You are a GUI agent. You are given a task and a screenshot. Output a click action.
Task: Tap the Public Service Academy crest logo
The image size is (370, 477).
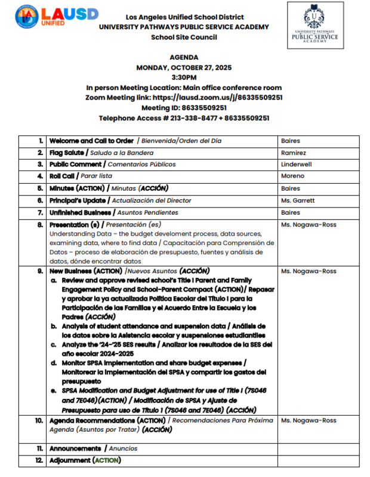[314, 24]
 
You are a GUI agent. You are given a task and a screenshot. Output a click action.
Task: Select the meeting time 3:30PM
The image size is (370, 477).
[184, 78]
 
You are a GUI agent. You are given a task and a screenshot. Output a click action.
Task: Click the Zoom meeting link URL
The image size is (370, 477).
[218, 97]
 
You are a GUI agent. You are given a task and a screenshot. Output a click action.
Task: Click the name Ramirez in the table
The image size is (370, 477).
[292, 153]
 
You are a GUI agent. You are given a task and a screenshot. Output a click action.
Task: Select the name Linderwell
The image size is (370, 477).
[297, 164]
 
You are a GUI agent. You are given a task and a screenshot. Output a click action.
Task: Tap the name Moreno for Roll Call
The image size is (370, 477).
[292, 176]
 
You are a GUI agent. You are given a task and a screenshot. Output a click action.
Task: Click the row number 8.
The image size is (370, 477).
[40, 225]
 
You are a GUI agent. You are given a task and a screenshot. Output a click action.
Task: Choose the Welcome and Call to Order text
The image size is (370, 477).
[91, 141]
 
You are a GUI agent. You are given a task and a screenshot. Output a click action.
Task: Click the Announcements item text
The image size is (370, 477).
[75, 448]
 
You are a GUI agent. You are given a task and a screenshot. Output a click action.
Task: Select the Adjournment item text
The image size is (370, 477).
[70, 460]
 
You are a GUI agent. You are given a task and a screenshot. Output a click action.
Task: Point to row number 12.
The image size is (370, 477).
[39, 460]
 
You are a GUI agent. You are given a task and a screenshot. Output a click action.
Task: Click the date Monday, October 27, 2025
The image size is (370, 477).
[184, 67]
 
